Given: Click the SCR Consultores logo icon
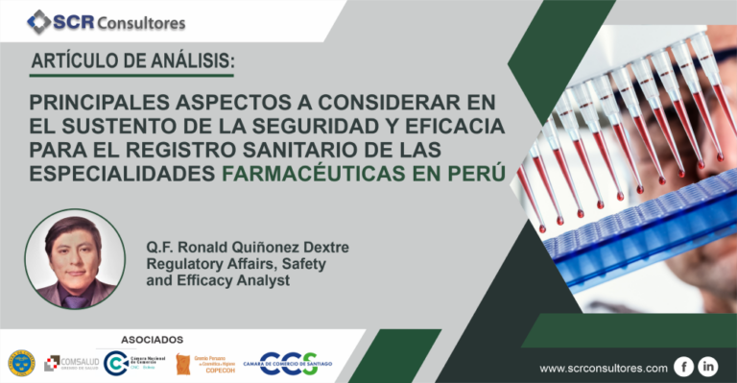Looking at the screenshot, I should click(x=40, y=21).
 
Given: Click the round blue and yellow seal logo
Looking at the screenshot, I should click(x=21, y=363).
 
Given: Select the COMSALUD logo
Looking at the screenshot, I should click(x=72, y=362).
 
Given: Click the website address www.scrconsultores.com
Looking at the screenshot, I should click(x=604, y=368).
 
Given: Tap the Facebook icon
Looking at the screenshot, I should click(x=684, y=367).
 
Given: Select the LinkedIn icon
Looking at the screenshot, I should click(x=708, y=367).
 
